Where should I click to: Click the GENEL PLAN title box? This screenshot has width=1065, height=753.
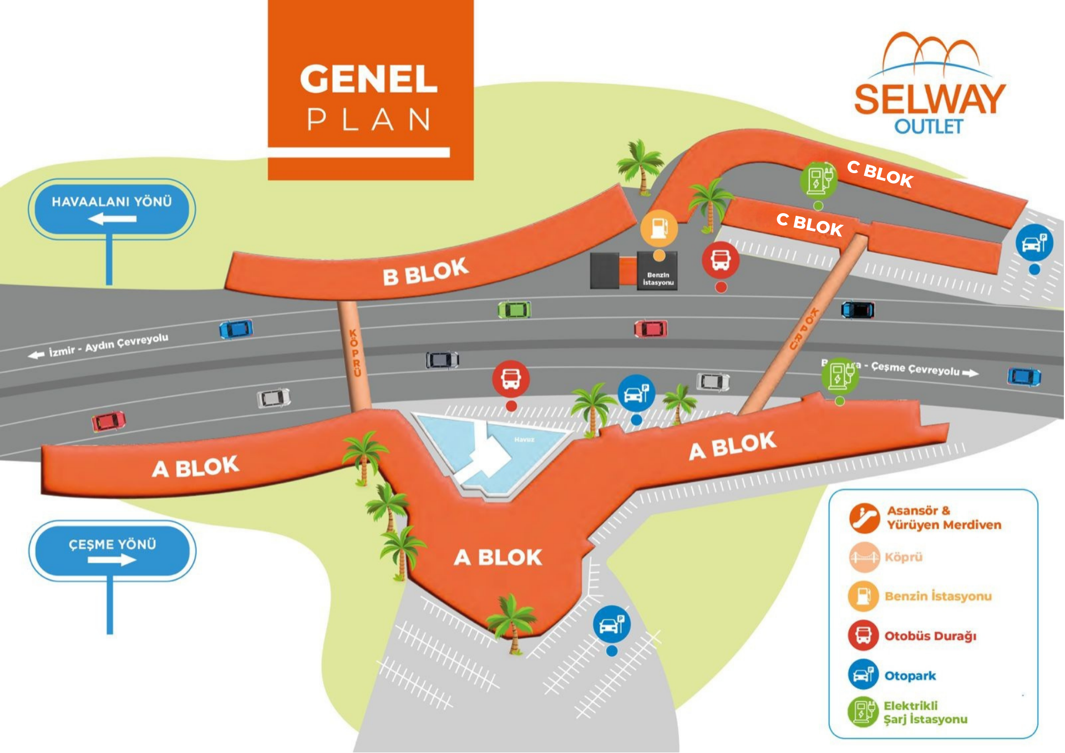[370, 90]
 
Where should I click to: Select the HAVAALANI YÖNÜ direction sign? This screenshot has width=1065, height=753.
[111, 209]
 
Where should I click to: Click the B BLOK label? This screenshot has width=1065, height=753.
[425, 271]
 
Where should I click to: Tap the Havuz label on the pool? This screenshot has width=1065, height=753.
[524, 439]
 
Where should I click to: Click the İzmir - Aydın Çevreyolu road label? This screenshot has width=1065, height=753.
[108, 345]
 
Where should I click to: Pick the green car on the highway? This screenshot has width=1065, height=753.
[514, 310]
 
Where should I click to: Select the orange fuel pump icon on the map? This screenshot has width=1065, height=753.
[659, 228]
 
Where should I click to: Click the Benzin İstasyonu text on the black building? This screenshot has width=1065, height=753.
[658, 279]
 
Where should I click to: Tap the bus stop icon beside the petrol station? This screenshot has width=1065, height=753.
[721, 259]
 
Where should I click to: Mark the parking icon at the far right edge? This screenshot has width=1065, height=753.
[1034, 242]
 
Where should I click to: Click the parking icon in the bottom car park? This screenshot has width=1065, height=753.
[612, 624]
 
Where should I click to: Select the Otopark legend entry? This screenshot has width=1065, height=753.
[910, 676]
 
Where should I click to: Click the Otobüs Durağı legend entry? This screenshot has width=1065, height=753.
[930, 636]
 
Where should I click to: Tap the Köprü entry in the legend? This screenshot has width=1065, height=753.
[903, 557]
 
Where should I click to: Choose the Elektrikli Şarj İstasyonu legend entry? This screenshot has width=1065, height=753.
[925, 712]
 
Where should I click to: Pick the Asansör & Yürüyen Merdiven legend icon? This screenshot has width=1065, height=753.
[864, 518]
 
